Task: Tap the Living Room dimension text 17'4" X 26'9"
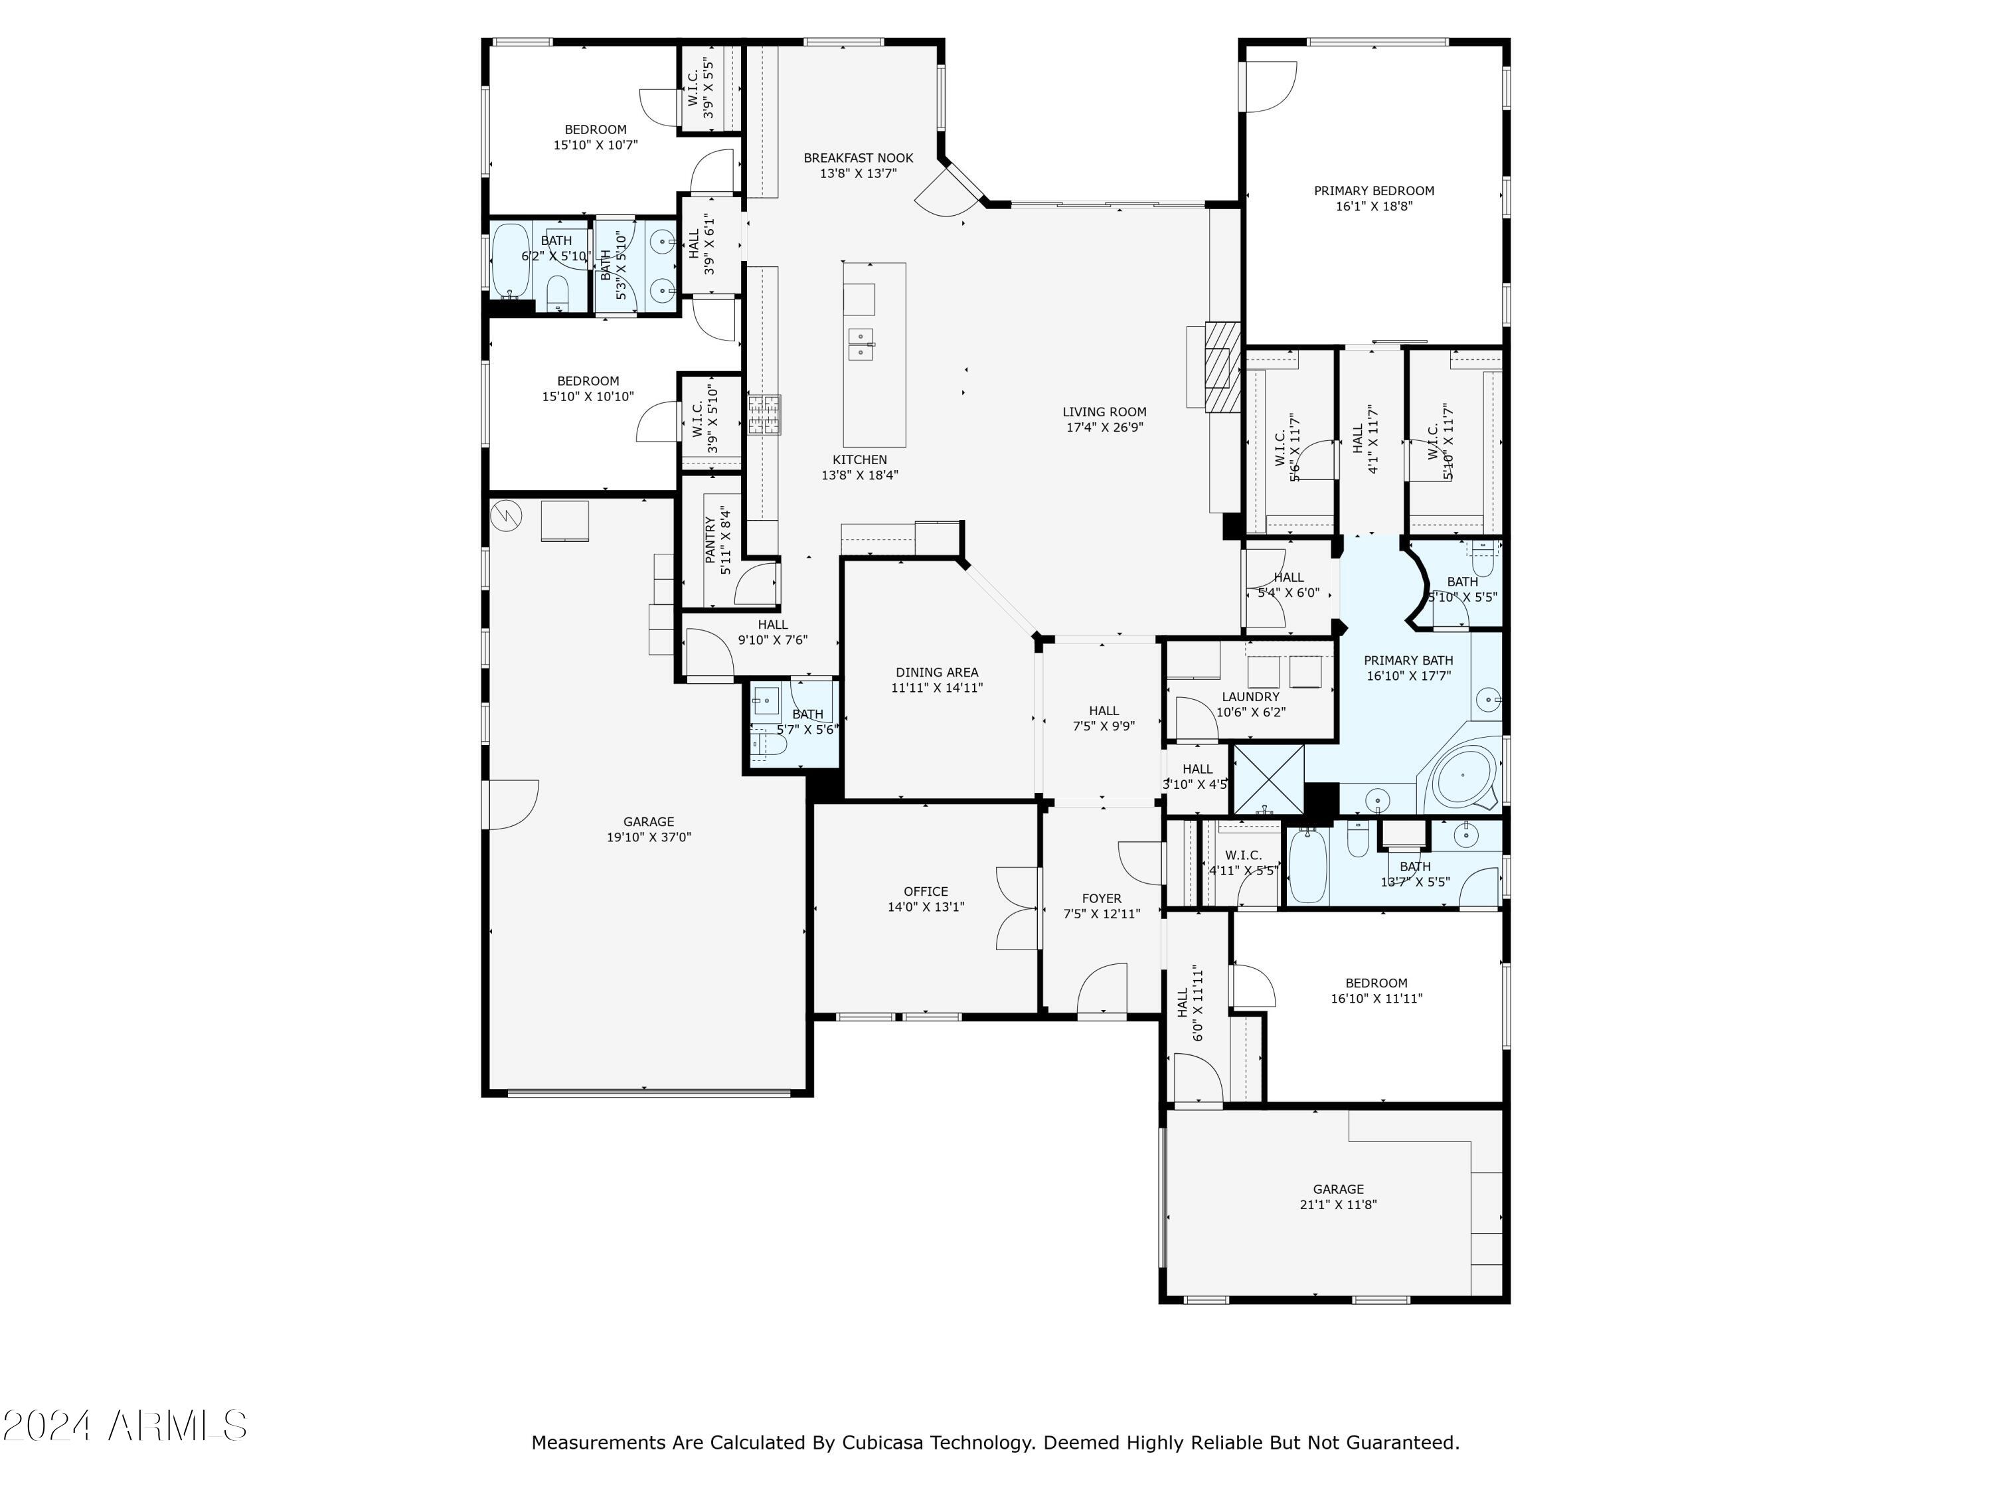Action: pos(1104,428)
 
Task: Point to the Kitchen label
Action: pos(859,460)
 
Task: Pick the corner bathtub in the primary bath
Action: pos(1464,776)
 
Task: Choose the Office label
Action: pos(926,892)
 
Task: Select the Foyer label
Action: pos(1102,899)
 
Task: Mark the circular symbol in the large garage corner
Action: pos(505,516)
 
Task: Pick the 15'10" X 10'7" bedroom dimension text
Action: pos(595,144)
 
